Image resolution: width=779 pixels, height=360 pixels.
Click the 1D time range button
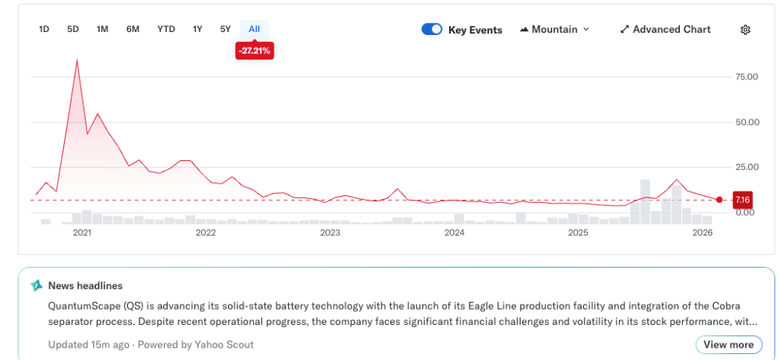(44, 29)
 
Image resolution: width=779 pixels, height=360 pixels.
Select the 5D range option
(73, 29)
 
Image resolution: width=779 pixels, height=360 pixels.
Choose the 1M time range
(102, 29)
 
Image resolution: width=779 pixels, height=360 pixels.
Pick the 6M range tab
(133, 29)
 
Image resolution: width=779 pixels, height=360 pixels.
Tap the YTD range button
(166, 29)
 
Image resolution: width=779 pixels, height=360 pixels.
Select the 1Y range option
(197, 29)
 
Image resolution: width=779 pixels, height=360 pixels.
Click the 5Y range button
(225, 29)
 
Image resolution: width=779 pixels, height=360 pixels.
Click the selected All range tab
(255, 29)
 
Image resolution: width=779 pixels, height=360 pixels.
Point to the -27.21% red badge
(255, 51)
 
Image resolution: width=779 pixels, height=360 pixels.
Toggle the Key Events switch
(432, 30)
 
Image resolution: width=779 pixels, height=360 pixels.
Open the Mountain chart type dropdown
(555, 30)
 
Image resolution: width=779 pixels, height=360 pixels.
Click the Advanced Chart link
(665, 30)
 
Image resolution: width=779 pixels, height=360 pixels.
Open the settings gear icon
(745, 30)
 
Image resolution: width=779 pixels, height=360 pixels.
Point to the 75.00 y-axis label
(745, 77)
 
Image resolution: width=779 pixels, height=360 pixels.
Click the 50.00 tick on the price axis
(745, 122)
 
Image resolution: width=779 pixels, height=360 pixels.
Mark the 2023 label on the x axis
(330, 232)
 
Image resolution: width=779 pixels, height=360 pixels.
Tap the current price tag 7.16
(742, 200)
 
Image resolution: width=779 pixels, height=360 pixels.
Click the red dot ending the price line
(720, 200)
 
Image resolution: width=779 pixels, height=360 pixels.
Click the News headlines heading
(85, 285)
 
